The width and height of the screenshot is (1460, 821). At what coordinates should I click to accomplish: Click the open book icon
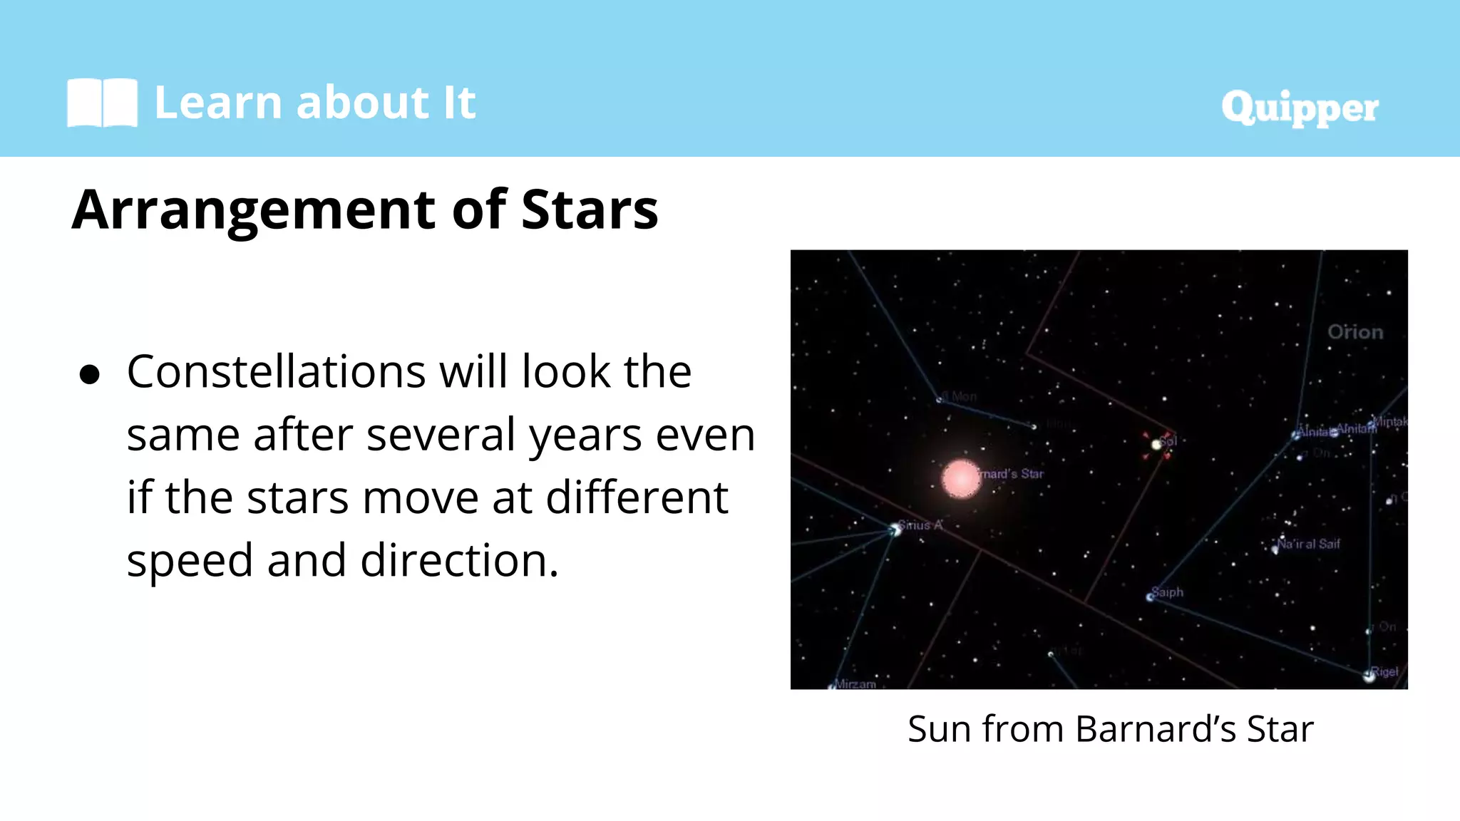tap(102, 103)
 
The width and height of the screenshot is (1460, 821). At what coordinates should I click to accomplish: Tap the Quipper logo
tap(1300, 108)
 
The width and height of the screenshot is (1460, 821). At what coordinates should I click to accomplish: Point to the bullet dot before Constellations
tap(90, 375)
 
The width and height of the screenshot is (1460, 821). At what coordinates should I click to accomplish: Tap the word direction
tap(459, 560)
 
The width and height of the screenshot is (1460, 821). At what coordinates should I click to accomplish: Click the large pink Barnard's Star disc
tap(961, 478)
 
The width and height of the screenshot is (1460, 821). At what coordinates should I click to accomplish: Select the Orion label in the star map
tap(1355, 332)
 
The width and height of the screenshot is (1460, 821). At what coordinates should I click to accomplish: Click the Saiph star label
tap(1168, 592)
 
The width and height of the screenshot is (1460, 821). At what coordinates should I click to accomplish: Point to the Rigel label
tap(1384, 671)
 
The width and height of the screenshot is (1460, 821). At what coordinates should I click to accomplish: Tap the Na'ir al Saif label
tap(1309, 544)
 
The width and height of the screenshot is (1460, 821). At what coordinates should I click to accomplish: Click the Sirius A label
tap(920, 525)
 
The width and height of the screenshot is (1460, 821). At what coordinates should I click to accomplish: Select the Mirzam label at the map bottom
tap(855, 683)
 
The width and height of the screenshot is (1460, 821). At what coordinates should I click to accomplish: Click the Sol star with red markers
tap(1156, 444)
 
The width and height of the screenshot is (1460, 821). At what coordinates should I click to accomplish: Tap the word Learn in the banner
tap(218, 103)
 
